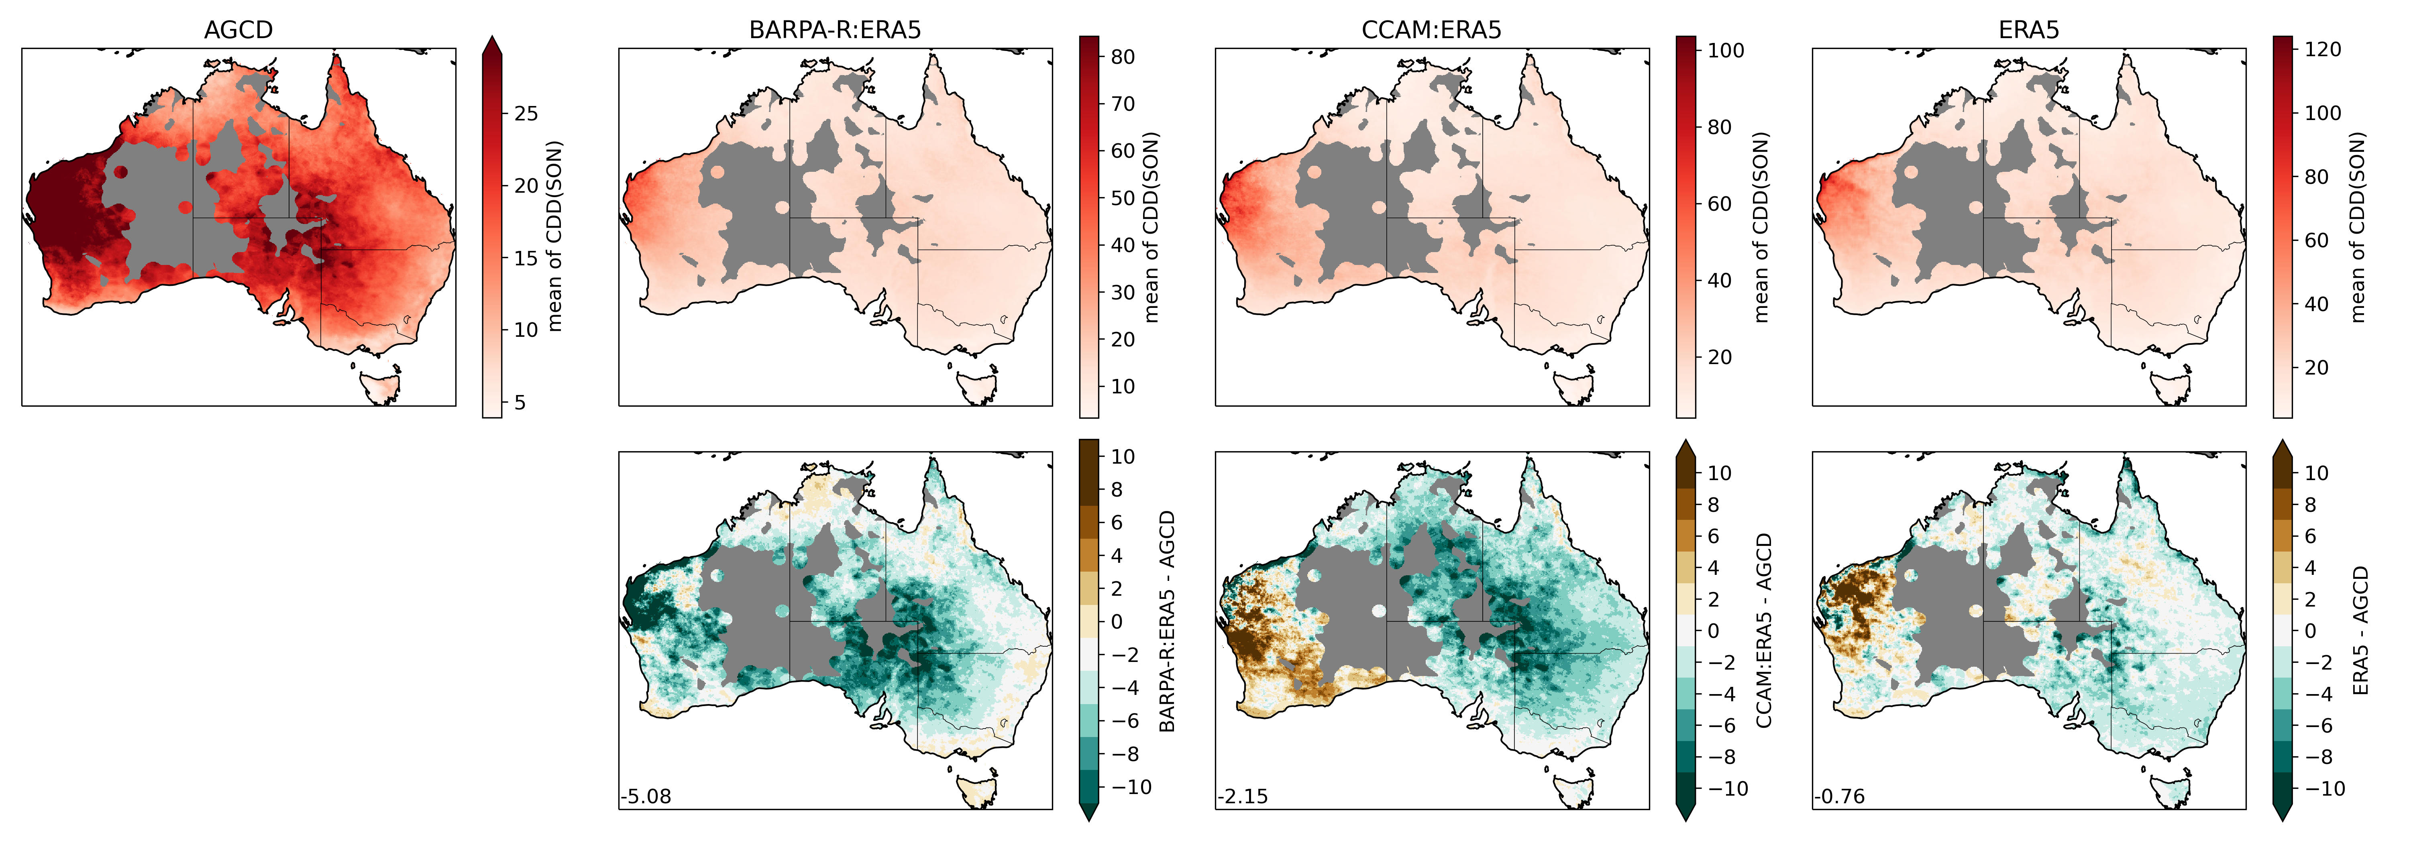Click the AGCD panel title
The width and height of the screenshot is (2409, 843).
point(238,30)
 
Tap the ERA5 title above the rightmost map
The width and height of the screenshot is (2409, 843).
point(2028,30)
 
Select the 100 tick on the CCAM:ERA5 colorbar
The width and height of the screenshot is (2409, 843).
point(1725,51)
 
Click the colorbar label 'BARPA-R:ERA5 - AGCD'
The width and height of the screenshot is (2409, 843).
point(1167,621)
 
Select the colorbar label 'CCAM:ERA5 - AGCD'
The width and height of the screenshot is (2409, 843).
point(1764,631)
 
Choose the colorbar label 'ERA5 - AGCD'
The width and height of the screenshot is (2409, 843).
point(2360,631)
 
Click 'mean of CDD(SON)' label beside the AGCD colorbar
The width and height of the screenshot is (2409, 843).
point(554,236)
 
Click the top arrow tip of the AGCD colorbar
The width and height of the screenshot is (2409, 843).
point(492,39)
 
